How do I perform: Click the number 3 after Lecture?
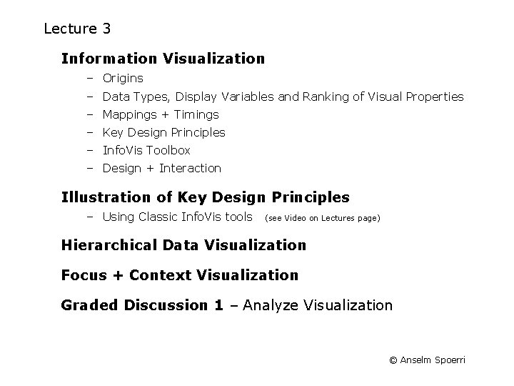click(x=106, y=29)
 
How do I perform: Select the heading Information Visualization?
click(x=163, y=58)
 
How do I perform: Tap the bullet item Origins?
click(x=123, y=79)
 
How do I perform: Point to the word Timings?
click(x=196, y=114)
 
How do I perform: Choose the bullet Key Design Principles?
click(x=163, y=132)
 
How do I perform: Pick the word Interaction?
click(x=190, y=169)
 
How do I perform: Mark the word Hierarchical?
click(x=109, y=245)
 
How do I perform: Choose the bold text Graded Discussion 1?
click(x=142, y=305)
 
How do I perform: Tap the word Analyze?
click(x=271, y=306)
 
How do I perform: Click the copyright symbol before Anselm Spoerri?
click(x=393, y=360)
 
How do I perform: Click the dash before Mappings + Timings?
click(x=91, y=114)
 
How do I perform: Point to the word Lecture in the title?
click(x=70, y=29)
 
